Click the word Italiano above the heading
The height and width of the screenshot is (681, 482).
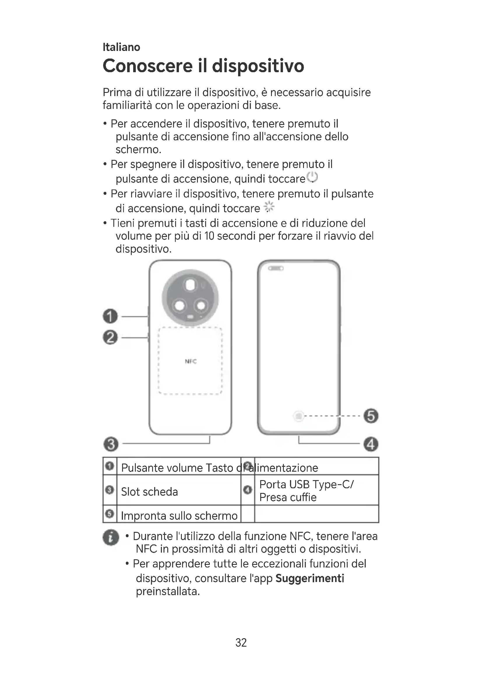tap(121, 47)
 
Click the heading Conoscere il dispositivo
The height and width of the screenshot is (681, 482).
tap(203, 66)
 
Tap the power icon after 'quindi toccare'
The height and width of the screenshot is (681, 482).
tap(312, 177)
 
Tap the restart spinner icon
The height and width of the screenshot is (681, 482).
tap(269, 207)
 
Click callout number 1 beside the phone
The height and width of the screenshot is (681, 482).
tap(110, 316)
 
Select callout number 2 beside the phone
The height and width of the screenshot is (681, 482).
tap(110, 337)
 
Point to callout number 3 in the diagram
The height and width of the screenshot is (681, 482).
tap(111, 444)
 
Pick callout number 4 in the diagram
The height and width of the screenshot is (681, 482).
tap(371, 444)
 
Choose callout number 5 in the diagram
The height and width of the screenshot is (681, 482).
tap(371, 415)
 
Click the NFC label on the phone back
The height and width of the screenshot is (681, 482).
tap(191, 361)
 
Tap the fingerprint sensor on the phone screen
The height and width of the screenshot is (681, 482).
tap(299, 416)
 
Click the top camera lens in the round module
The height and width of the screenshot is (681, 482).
tap(190, 285)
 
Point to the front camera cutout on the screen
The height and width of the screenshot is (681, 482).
tap(276, 268)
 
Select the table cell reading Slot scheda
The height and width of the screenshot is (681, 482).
tap(149, 492)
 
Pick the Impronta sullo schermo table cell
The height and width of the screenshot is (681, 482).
tap(179, 516)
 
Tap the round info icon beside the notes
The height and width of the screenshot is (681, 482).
tap(111, 537)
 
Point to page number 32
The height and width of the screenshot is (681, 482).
tap(241, 643)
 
